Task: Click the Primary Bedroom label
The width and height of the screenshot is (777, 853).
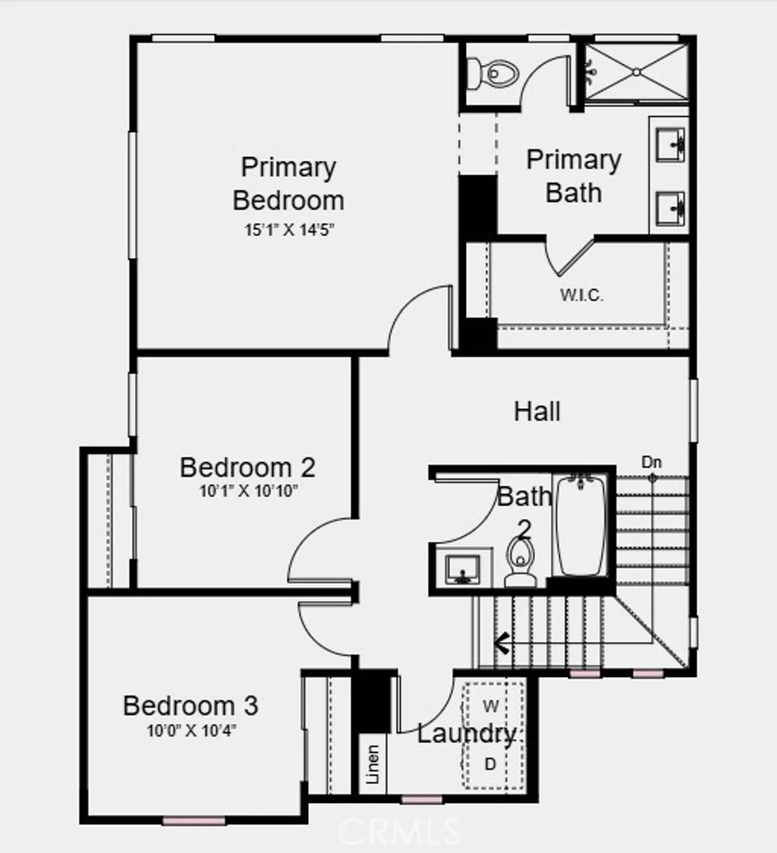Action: pos(288,184)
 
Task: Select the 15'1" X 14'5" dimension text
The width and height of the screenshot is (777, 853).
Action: pos(289,229)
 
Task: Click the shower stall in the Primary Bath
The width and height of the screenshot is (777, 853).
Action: pos(637,71)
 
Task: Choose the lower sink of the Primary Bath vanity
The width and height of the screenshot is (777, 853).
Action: pos(671,205)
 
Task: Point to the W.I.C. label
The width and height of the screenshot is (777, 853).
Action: pos(582,296)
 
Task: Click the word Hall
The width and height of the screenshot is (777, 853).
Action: pos(537,412)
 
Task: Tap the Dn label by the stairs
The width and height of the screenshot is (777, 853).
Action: pos(652,461)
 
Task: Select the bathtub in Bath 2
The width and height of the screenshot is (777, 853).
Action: pos(581,526)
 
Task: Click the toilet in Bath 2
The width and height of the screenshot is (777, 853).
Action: pos(521,562)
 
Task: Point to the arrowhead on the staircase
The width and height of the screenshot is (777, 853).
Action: pos(501,644)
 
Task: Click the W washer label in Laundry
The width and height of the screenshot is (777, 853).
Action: pos(491,707)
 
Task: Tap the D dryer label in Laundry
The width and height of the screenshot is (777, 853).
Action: pos(490,763)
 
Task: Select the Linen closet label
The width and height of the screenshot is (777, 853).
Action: pos(372,764)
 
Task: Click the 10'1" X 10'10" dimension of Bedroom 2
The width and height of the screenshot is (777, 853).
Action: pos(248,491)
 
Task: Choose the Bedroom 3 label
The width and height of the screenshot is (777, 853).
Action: pos(190,706)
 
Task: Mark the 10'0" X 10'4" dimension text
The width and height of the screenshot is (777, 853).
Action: pos(190,731)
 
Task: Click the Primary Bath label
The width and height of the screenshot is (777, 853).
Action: pos(574,176)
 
